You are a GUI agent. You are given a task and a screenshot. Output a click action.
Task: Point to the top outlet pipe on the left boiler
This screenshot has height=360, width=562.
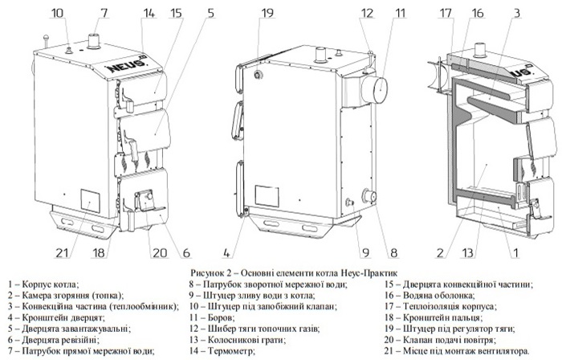[x=95, y=40]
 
